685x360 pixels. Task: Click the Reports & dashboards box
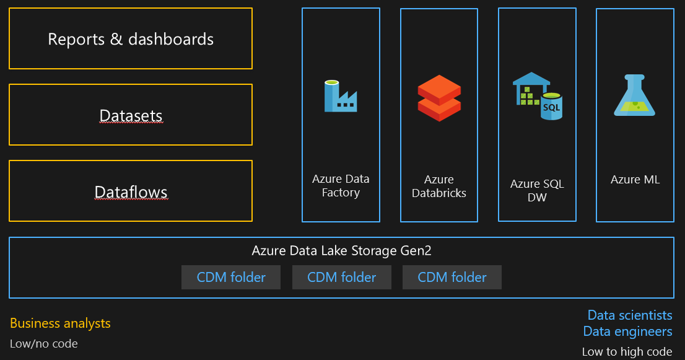click(x=131, y=39)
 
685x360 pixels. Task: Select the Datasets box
click(x=131, y=115)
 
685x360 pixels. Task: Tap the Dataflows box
click(x=131, y=191)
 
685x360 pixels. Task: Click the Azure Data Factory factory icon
click(x=340, y=96)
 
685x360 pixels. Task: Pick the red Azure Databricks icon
click(x=438, y=98)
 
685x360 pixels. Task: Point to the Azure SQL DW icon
click(x=536, y=95)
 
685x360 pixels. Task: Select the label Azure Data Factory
click(x=341, y=186)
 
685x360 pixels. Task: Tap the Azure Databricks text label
click(x=438, y=186)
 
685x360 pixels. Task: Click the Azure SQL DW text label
click(x=537, y=190)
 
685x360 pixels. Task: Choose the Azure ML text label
click(x=635, y=180)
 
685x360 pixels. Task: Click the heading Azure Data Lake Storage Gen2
click(x=341, y=250)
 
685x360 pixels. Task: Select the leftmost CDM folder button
click(x=231, y=277)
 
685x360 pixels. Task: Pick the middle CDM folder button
click(x=342, y=277)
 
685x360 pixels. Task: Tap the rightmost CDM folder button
click(x=452, y=277)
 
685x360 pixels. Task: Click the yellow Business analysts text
click(x=60, y=323)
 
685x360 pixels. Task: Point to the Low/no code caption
click(x=44, y=343)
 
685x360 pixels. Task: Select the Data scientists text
click(x=629, y=315)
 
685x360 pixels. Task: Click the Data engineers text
click(x=627, y=331)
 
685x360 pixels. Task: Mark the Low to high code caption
click(x=627, y=351)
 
